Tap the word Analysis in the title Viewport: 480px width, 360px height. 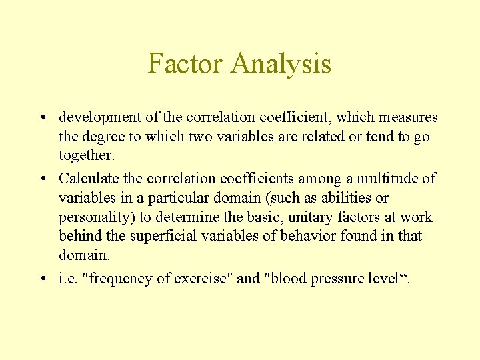[281, 64]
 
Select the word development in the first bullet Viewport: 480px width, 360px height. [100, 117]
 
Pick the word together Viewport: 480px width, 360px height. [87, 156]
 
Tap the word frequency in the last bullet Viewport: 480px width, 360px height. [121, 279]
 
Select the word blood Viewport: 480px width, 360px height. [286, 279]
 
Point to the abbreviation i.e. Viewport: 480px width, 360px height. [67, 279]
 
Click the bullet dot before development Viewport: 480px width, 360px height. [41, 118]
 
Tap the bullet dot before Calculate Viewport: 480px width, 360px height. [41, 179]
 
